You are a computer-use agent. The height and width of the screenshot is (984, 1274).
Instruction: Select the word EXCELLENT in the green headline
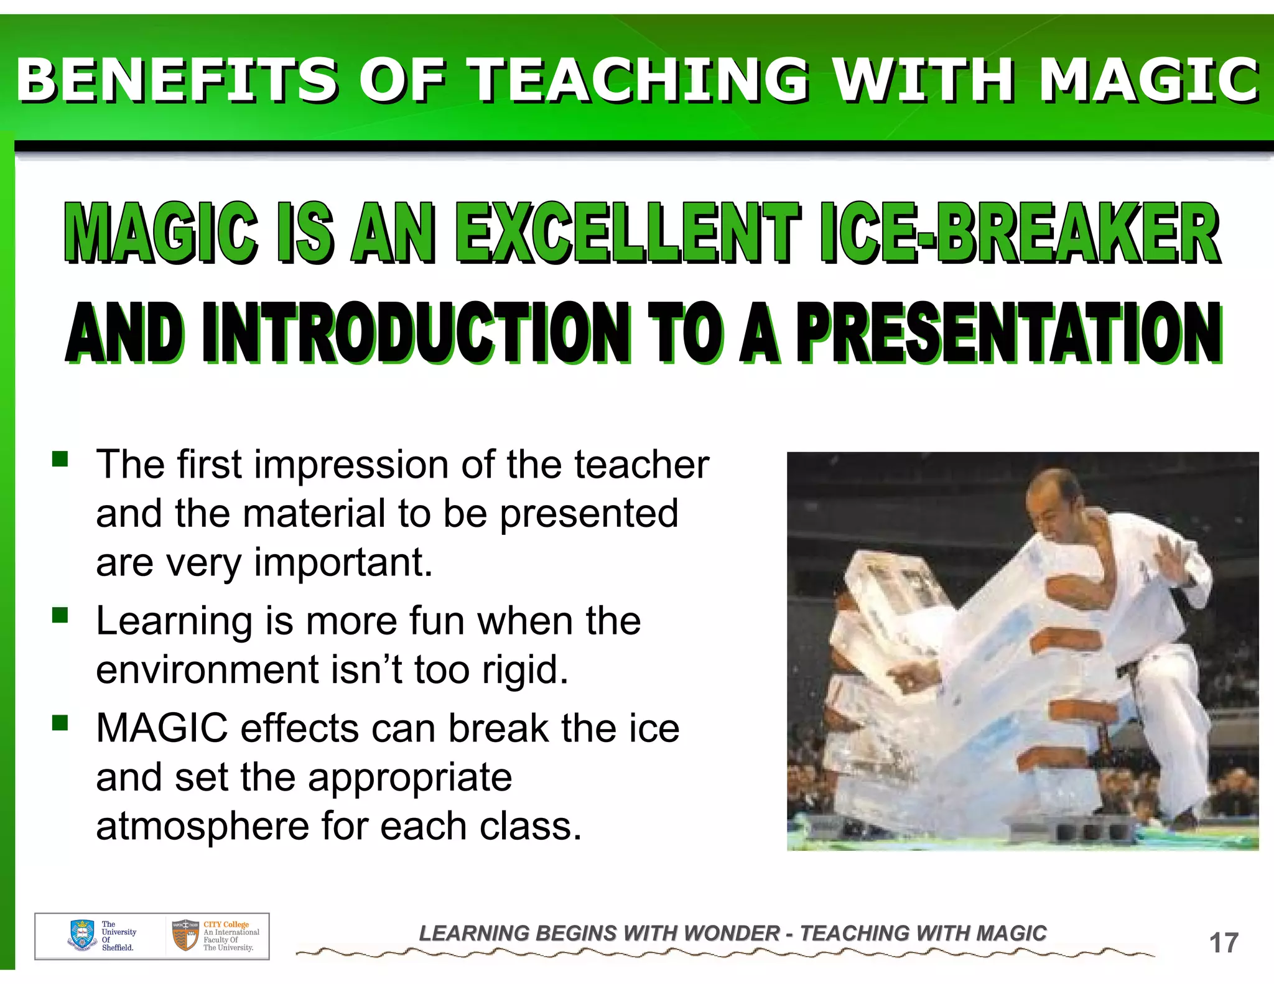[628, 233]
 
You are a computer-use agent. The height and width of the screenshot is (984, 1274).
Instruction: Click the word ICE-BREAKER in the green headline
[1020, 233]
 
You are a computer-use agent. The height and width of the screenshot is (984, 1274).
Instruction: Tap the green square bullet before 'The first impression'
[60, 460]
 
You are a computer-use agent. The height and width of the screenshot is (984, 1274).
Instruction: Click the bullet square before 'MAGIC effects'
[60, 723]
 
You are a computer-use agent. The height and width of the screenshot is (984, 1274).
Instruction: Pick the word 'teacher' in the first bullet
[641, 465]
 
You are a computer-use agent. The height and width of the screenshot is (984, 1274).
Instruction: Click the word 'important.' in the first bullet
[343, 562]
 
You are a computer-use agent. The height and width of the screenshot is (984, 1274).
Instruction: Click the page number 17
[1224, 943]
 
